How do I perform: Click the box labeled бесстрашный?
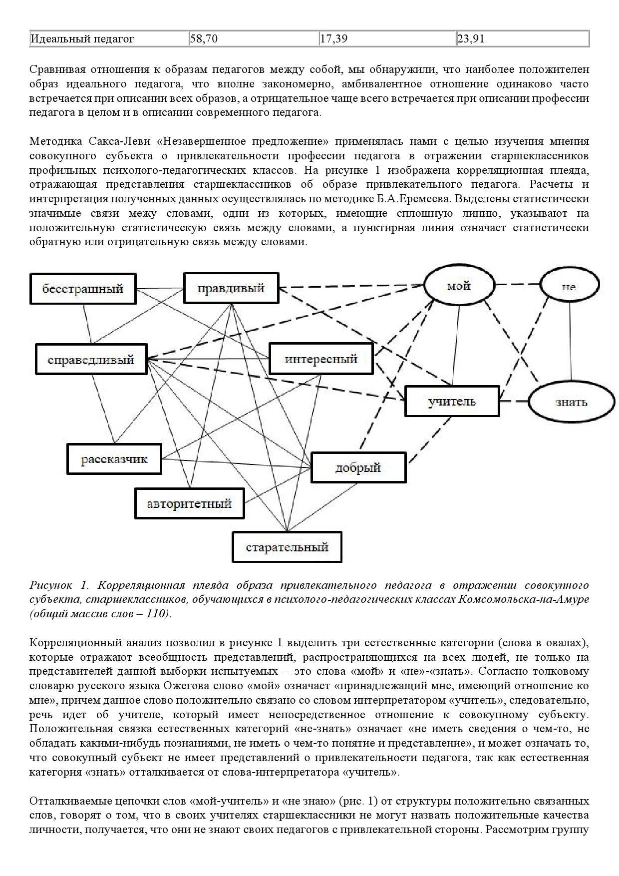(x=83, y=288)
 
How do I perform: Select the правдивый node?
(x=231, y=288)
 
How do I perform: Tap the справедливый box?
(x=91, y=359)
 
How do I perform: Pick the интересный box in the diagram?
(x=321, y=359)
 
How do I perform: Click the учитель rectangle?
(x=452, y=401)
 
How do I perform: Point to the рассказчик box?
(x=114, y=458)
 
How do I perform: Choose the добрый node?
(x=358, y=467)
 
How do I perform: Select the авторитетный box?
(x=189, y=503)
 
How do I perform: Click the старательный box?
(x=287, y=547)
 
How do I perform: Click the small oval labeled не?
(x=569, y=287)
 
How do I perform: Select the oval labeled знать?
(x=571, y=402)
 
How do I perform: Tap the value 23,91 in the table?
(x=471, y=38)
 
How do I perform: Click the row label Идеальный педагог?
(x=82, y=38)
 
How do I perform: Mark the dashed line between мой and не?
(x=517, y=285)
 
